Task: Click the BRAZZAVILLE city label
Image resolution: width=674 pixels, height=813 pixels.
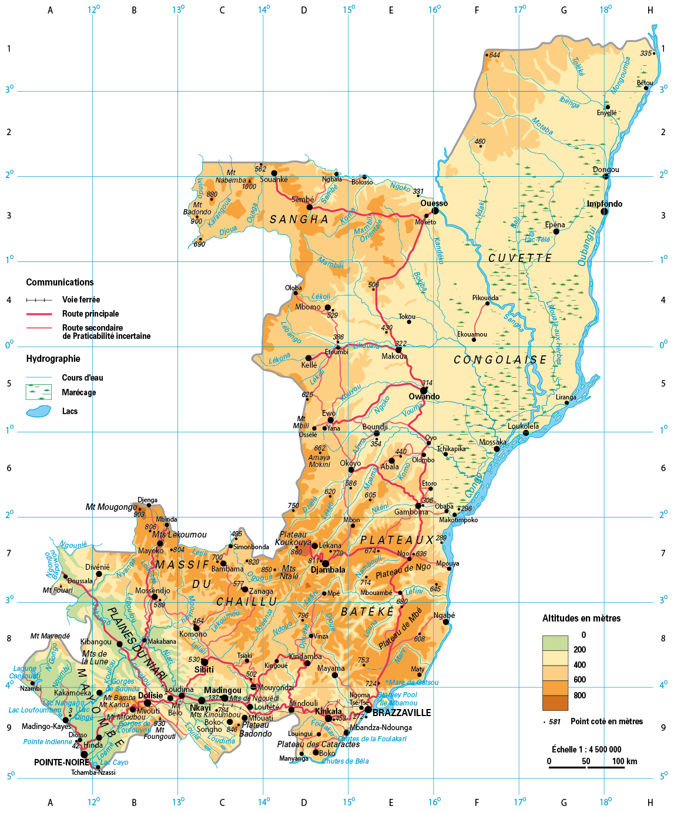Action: pos(401,713)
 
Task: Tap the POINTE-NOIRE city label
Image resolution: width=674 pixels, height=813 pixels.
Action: pos(61,762)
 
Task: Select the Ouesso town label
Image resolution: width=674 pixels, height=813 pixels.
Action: pos(434,203)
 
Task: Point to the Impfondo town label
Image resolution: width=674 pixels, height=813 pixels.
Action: pos(604,204)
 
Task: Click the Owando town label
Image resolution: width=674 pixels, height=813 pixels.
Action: pos(424,397)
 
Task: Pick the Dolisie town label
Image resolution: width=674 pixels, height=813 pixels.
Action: pos(150,696)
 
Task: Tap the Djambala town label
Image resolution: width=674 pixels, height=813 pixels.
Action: pos(328,570)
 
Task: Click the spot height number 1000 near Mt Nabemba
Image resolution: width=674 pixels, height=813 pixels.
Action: pos(249,187)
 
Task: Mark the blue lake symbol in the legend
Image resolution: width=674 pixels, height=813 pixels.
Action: pos(39,411)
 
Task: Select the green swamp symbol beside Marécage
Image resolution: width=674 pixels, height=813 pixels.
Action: pos(39,392)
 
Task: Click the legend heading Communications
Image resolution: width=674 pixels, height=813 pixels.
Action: pos(60,283)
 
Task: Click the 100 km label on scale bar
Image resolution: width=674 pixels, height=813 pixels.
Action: pos(624,761)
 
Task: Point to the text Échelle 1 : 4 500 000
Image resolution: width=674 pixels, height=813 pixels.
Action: pos(586,750)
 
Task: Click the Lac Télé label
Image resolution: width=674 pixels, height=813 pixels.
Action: pos(537,240)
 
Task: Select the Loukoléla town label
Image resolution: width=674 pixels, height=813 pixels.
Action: pos(523,426)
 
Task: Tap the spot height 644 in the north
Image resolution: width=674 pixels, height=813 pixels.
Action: pos(494,55)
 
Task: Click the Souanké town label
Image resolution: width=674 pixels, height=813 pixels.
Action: pos(274,180)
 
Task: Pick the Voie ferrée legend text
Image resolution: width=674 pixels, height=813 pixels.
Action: pos(81,300)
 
